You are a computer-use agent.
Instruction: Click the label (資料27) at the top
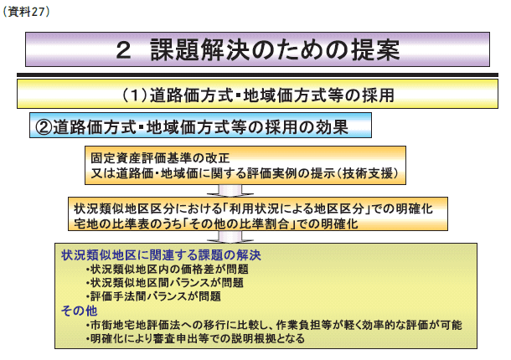(27, 12)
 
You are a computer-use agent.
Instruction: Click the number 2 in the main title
(123, 51)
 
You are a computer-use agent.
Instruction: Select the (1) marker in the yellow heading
(135, 95)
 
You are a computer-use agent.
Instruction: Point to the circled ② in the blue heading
(44, 126)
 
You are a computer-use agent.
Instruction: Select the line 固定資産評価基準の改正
(160, 158)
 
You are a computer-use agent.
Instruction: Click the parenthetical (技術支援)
(369, 173)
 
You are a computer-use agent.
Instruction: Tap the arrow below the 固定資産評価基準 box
(230, 191)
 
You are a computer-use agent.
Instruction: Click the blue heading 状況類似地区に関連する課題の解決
(161, 255)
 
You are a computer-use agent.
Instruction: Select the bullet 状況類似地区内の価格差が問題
(168, 270)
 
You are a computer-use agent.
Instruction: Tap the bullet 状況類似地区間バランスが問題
(164, 283)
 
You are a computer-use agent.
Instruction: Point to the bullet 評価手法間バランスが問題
(153, 296)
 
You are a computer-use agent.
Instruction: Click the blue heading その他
(80, 311)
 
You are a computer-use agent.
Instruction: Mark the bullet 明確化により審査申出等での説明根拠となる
(195, 338)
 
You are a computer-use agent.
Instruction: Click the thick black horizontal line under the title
(257, 75)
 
